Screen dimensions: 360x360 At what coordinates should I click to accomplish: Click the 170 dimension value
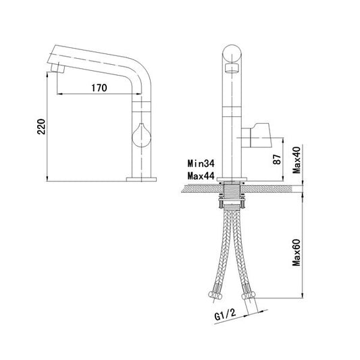[99, 88]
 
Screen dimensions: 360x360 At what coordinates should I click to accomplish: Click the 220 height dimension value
[42, 126]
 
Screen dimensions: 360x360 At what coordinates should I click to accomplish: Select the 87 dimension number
[277, 159]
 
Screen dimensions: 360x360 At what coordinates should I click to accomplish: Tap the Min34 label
[201, 163]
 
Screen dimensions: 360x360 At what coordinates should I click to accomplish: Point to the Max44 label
[201, 176]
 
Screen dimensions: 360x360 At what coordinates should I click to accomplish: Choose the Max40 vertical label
[297, 160]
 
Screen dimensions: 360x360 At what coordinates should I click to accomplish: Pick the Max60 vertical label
[297, 253]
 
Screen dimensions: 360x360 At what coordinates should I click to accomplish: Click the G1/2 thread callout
[225, 314]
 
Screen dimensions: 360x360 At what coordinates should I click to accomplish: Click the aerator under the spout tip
[57, 68]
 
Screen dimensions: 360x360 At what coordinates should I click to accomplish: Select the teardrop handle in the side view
[141, 135]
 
